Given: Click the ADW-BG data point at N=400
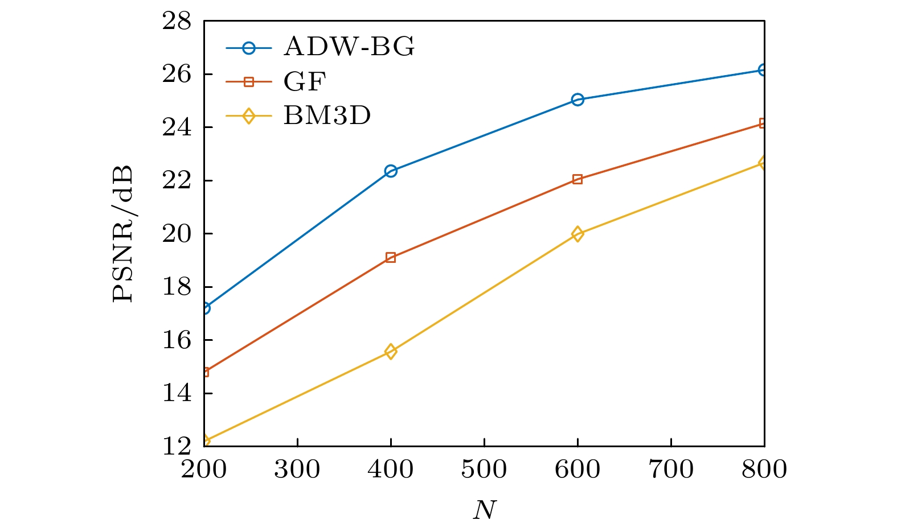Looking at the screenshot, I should pyautogui.click(x=391, y=171).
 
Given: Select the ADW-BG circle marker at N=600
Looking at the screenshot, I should pyautogui.click(x=577, y=100).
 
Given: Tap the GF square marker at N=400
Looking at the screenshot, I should pyautogui.click(x=391, y=257).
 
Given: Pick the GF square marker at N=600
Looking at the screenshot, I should pyautogui.click(x=577, y=179).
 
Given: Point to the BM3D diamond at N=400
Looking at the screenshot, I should pyautogui.click(x=391, y=351).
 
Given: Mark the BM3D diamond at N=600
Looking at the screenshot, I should pyautogui.click(x=577, y=234).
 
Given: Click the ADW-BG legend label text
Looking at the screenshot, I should pyautogui.click(x=349, y=47).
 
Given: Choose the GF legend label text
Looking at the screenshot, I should pyautogui.click(x=305, y=82).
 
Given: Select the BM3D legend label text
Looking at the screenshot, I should pyautogui.click(x=327, y=116).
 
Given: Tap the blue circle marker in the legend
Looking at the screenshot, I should pyautogui.click(x=248, y=48).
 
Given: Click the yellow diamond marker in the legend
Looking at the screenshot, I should pyautogui.click(x=248, y=117).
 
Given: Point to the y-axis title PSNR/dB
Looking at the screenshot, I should pyautogui.click(x=123, y=234).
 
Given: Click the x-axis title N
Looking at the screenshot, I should pyautogui.click(x=484, y=510).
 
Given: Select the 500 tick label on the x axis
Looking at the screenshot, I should pyautogui.click(x=484, y=469).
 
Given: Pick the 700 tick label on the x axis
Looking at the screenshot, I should pyautogui.click(x=671, y=469).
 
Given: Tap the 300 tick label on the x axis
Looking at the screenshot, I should pyautogui.click(x=297, y=469).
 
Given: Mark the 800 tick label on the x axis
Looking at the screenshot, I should pyautogui.click(x=764, y=469).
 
